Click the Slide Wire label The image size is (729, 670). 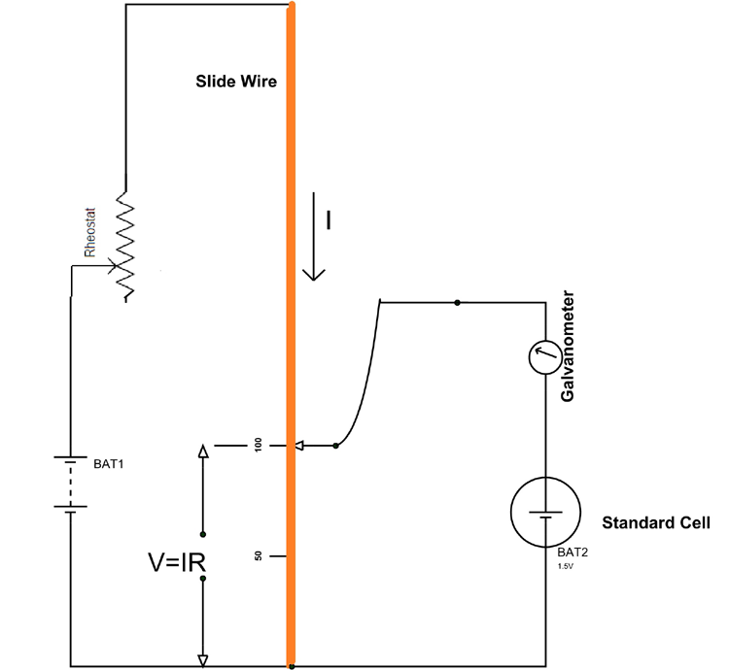pyautogui.click(x=236, y=82)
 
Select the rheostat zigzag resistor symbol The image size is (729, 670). pyautogui.click(x=125, y=245)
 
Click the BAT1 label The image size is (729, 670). pyautogui.click(x=110, y=463)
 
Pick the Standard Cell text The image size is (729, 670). pyautogui.click(x=656, y=522)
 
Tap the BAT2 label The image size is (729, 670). pyautogui.click(x=574, y=552)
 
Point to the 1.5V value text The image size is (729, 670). pyautogui.click(x=568, y=564)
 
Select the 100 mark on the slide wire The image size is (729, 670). pyautogui.click(x=259, y=446)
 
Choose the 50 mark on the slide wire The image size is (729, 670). pyautogui.click(x=259, y=556)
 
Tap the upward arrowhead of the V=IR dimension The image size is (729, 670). pyautogui.click(x=202, y=451)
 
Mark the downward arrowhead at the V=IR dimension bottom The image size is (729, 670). pyautogui.click(x=202, y=660)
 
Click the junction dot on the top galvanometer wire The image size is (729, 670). pyautogui.click(x=457, y=303)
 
